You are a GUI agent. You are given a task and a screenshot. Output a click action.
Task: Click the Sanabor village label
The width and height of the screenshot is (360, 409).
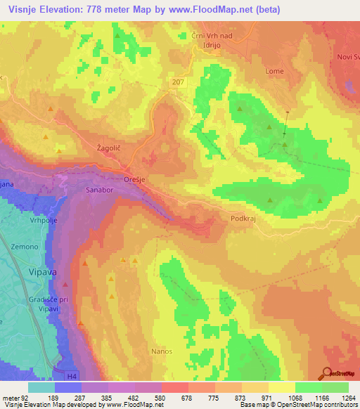pos(79,190)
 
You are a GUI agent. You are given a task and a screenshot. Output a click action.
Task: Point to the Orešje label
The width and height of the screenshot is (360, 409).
pos(134,178)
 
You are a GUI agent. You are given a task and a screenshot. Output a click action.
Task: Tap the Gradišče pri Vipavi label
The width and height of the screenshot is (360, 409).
pos(25,305)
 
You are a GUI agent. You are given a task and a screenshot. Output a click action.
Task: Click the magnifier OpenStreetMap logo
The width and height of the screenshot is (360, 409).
pos(328,374)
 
